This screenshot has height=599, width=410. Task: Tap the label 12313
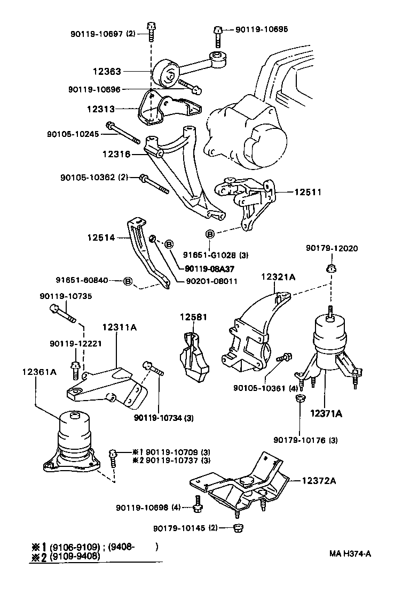100,109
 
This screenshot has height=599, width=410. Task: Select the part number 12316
116,154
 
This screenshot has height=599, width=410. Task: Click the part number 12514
101,236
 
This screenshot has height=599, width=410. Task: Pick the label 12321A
278,277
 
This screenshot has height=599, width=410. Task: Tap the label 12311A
120,327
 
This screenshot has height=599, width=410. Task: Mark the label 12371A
327,413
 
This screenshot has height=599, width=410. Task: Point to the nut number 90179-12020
332,248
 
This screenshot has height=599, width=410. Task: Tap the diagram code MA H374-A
350,553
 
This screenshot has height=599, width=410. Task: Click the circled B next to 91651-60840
128,280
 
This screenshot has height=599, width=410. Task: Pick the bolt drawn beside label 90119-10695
217,34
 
